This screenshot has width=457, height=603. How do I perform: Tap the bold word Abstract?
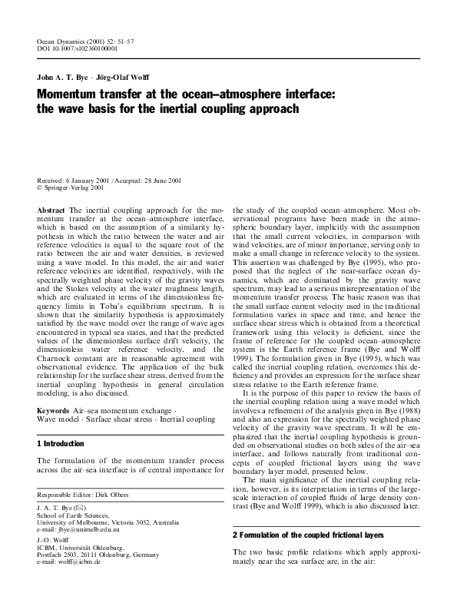pyautogui.click(x=51, y=210)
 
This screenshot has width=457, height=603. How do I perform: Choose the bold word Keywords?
pyautogui.click(x=55, y=411)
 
